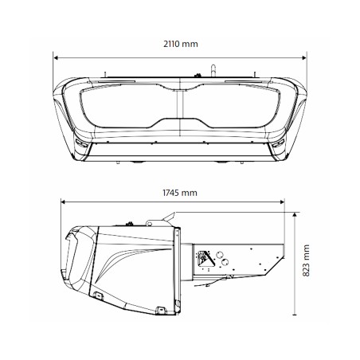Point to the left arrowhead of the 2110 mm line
(x=56, y=57)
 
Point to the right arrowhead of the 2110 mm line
(x=307, y=57)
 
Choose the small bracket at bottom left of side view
(x=97, y=297)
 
